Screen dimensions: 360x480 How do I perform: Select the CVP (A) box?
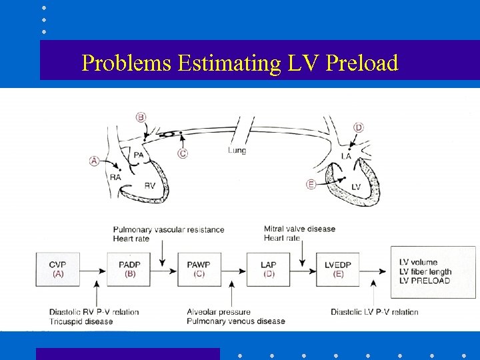pyautogui.click(x=58, y=269)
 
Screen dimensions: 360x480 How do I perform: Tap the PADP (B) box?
pyautogui.click(x=129, y=269)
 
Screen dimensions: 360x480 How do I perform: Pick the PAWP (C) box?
pyautogui.click(x=198, y=269)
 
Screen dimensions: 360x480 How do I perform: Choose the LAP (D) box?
pyautogui.click(x=268, y=269)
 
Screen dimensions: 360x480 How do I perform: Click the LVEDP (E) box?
pyautogui.click(x=338, y=269)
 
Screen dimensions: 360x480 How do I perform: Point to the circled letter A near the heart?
pyautogui.click(x=94, y=161)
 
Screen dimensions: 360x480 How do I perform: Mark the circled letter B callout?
pyautogui.click(x=141, y=117)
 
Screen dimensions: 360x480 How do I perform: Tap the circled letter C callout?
pyautogui.click(x=182, y=153)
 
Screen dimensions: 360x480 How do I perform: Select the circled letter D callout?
pyautogui.click(x=359, y=127)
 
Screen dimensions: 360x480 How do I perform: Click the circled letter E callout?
pyautogui.click(x=311, y=184)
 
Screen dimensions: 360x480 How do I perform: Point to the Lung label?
pyautogui.click(x=237, y=151)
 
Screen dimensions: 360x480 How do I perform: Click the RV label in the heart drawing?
pyautogui.click(x=149, y=186)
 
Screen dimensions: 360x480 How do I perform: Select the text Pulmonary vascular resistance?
pyautogui.click(x=168, y=229)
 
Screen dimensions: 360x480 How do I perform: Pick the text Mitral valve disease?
pyautogui.click(x=299, y=229)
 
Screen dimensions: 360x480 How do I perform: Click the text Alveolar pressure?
pyautogui.click(x=219, y=312)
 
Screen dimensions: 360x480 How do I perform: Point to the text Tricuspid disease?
pyautogui.click(x=81, y=321)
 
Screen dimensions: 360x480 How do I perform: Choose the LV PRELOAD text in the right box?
pyautogui.click(x=424, y=281)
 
